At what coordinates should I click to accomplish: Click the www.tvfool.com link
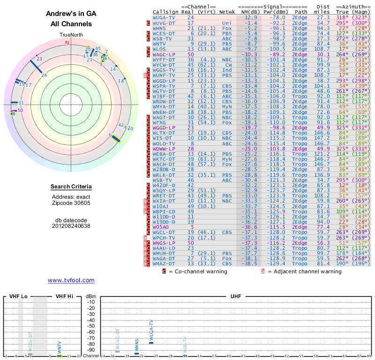click(71, 280)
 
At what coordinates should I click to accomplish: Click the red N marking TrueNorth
click(67, 43)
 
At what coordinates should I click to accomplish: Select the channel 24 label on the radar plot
click(44, 75)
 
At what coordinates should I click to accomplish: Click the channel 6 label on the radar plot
click(110, 135)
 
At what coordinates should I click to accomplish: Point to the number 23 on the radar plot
click(39, 59)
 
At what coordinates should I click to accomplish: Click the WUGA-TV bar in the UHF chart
click(150, 343)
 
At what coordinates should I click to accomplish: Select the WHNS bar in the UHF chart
click(136, 353)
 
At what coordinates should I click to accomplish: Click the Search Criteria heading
click(71, 187)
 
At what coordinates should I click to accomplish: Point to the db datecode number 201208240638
click(71, 225)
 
